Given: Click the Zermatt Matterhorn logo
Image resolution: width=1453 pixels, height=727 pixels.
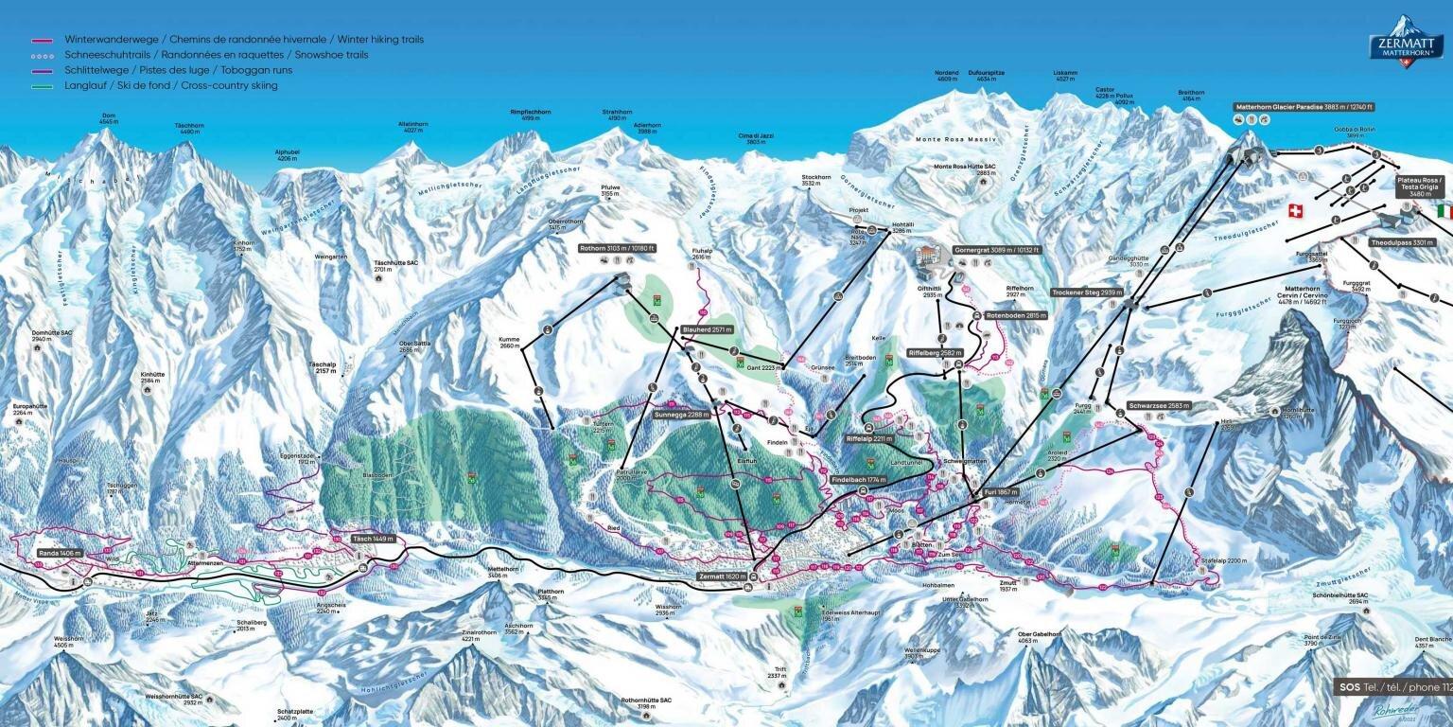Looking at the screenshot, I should (1406, 47).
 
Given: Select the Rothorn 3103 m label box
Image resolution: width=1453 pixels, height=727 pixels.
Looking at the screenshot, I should (617, 248).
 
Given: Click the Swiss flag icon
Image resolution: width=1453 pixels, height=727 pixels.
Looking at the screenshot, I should (1296, 210).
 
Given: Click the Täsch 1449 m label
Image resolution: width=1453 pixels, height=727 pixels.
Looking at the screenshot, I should (372, 539).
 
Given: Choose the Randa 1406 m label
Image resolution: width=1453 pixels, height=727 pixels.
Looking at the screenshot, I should (59, 552).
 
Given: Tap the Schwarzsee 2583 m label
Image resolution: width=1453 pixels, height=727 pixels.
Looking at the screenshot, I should (1159, 405).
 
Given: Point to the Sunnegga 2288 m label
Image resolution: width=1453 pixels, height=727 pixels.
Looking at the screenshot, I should (680, 415).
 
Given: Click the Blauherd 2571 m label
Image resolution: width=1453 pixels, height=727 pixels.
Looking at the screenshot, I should (707, 330).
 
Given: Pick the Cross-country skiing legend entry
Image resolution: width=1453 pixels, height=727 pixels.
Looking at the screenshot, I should (170, 85).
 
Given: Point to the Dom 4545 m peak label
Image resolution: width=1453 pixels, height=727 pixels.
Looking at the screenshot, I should (109, 119).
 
